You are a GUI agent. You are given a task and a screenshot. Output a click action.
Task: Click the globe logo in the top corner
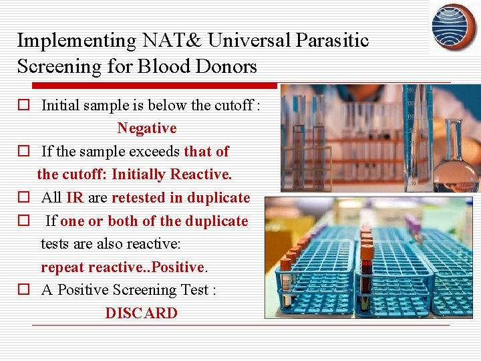[454, 27]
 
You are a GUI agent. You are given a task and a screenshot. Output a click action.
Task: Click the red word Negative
[147, 128]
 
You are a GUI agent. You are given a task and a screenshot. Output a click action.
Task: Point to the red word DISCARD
[141, 314]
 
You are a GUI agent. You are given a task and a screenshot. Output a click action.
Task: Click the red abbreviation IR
[75, 198]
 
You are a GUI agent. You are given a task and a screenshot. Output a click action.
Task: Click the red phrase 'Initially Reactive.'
[172, 174]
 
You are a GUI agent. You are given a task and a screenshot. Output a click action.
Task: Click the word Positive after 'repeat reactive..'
[177, 267]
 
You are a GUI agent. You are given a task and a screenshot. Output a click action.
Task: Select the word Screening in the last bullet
[145, 290]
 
